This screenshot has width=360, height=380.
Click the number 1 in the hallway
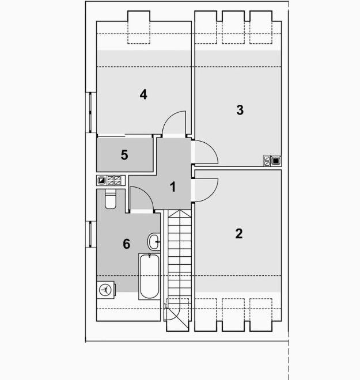click(172, 187)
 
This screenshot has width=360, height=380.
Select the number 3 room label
click(240, 110)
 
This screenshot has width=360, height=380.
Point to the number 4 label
click(143, 94)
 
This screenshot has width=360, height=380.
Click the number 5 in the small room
click(124, 155)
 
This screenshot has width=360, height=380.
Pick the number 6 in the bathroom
click(127, 244)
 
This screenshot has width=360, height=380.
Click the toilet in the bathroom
click(111, 199)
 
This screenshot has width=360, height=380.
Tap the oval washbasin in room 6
click(154, 242)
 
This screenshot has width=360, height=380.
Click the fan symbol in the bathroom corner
click(106, 290)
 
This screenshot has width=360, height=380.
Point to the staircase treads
click(180, 253)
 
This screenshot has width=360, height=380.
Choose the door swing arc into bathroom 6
click(142, 199)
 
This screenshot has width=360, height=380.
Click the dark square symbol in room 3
click(276, 161)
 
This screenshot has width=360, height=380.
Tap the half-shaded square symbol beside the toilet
click(102, 180)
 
